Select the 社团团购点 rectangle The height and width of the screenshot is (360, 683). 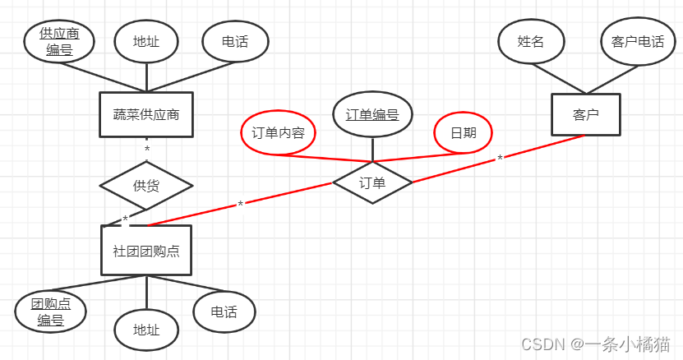click(146, 250)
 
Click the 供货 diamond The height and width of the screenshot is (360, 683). click(146, 185)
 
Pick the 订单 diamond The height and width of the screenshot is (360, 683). click(372, 182)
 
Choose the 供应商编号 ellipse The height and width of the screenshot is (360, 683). click(59, 42)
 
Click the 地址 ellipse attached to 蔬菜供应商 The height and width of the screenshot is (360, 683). click(146, 41)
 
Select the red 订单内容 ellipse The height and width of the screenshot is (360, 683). click(278, 132)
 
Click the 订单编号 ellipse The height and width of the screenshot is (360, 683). click(372, 114)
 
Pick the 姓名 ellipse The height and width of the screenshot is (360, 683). click(531, 41)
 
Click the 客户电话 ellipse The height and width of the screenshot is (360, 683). click(633, 41)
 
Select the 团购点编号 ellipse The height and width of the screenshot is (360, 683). click(51, 312)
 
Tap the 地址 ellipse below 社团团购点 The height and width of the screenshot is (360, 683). click(146, 330)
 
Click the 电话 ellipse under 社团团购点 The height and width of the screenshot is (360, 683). click(224, 312)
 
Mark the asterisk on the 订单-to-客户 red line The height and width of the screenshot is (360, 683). click(500, 159)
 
